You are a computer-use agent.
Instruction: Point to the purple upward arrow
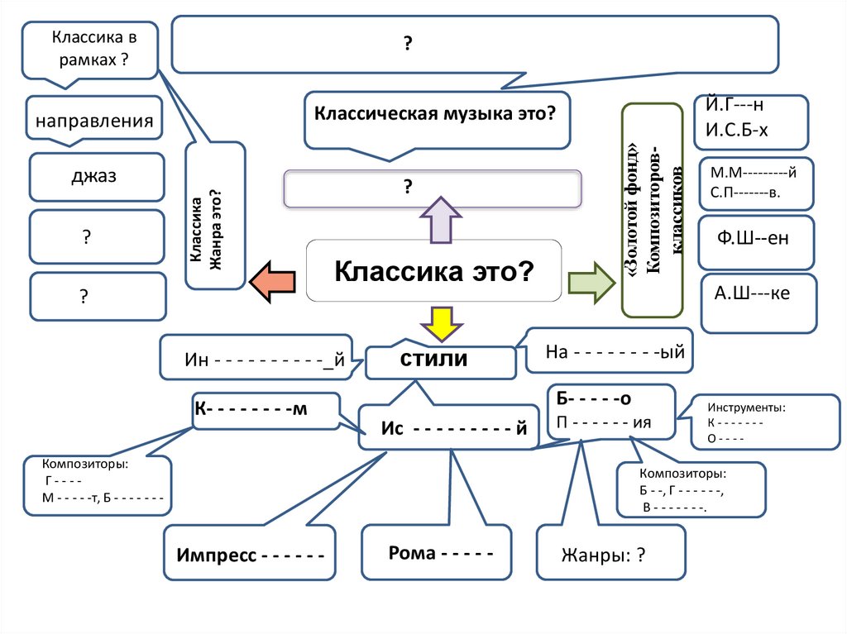(435, 220)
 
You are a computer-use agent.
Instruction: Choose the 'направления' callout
(93, 121)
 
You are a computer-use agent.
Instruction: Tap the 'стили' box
(435, 360)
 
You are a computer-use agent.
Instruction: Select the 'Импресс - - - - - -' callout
(249, 553)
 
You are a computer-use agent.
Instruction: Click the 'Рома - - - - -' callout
(437, 552)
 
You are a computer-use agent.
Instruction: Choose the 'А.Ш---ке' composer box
(757, 293)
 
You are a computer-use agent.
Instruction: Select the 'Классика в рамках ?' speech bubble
(90, 49)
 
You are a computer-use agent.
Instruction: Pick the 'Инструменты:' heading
(746, 408)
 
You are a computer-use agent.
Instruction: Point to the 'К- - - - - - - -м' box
(265, 411)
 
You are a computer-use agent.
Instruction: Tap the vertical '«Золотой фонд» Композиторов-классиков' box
(652, 211)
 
